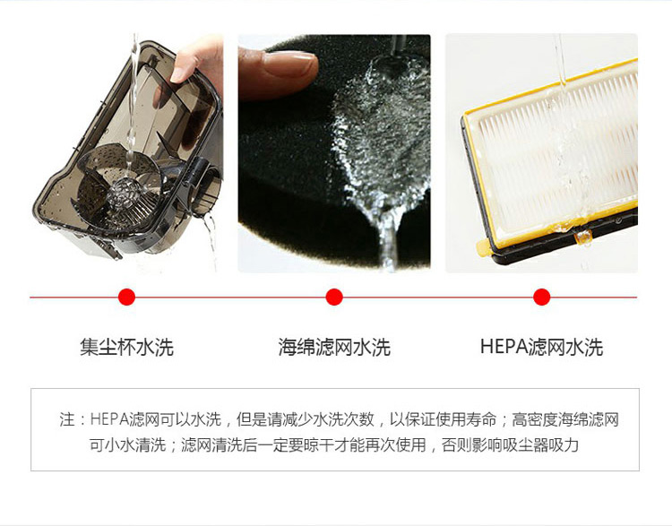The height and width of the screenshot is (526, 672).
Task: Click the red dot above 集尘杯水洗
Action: click(x=126, y=297)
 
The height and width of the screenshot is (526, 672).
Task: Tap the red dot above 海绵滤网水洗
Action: click(x=334, y=297)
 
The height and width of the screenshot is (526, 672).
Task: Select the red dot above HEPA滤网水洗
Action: click(x=542, y=297)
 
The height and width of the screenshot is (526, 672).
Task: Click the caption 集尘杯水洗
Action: click(x=127, y=347)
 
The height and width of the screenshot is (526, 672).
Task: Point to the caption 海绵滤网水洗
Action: click(x=334, y=347)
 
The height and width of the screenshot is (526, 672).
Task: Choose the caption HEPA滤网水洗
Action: click(x=541, y=347)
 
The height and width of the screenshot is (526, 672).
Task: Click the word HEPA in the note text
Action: click(x=109, y=419)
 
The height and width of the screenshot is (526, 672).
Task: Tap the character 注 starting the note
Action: click(x=67, y=419)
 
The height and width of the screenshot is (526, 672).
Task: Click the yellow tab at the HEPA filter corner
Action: click(x=483, y=246)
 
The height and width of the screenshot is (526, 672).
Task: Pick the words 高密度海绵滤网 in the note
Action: click(x=565, y=419)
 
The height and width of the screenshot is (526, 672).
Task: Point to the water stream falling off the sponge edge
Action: click(x=389, y=240)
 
